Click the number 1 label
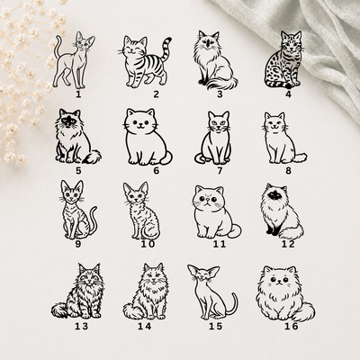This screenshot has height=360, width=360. [78, 94]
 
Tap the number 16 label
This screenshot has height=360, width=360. [291, 326]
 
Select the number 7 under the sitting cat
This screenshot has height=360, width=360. [220, 171]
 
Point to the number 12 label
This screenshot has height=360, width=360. [288, 244]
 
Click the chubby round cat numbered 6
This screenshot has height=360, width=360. [147, 137]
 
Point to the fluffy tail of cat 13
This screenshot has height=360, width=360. [59, 310]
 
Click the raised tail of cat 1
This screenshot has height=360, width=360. [58, 48]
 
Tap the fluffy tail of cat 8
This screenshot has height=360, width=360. [299, 157]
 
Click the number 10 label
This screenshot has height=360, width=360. [148, 244]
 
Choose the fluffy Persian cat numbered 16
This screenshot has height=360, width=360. [285, 293]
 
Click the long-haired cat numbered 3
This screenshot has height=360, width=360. [214, 60]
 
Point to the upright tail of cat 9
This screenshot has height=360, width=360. [93, 219]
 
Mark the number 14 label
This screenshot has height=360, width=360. [145, 326]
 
